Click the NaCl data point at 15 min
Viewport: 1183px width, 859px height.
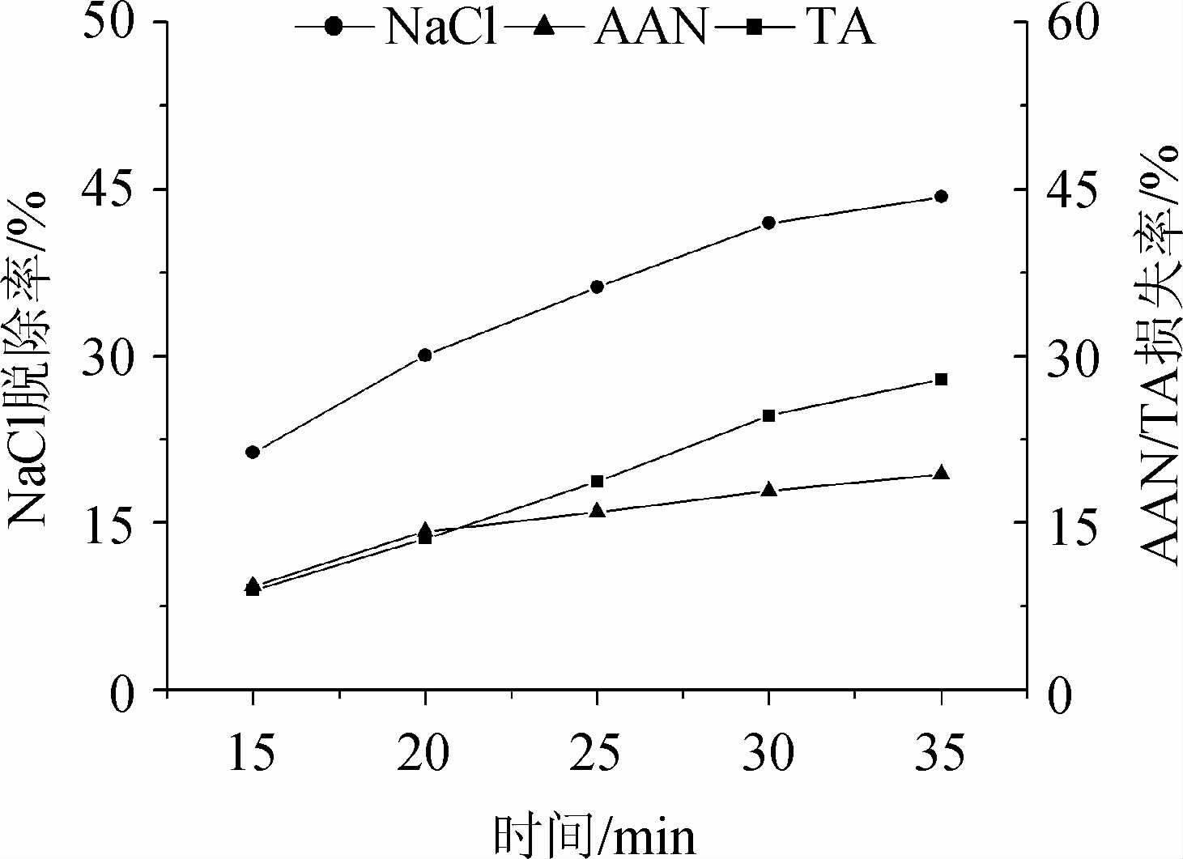pos(253,452)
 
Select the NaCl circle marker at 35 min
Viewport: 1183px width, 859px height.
pos(941,196)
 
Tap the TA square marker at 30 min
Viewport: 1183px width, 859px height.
pos(769,416)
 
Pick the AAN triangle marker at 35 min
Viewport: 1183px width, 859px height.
pos(941,474)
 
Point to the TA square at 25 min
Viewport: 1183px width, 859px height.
pos(598,482)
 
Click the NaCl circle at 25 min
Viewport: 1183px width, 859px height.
pos(598,287)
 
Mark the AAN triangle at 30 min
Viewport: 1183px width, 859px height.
pos(769,490)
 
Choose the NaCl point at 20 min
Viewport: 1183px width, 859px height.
pos(425,355)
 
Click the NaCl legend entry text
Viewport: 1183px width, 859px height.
pos(440,27)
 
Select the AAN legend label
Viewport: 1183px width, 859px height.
pos(649,27)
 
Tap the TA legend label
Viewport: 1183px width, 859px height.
pos(839,27)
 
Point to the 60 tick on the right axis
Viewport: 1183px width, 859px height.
pos(1074,22)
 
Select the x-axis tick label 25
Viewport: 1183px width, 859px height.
pos(596,754)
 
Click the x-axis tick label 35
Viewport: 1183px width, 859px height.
pos(940,754)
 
